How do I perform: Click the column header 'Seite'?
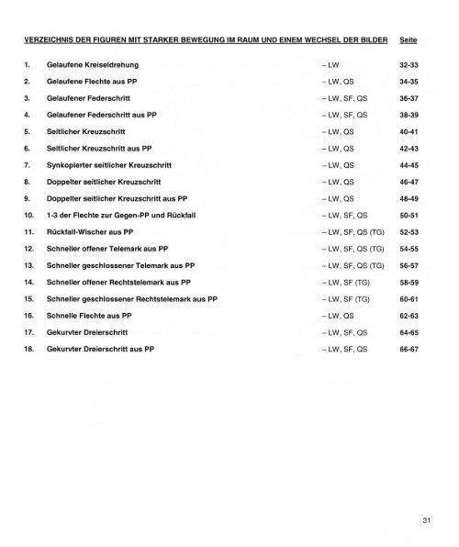tap(409, 40)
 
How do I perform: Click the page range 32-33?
tap(409, 65)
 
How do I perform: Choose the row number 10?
tap(28, 215)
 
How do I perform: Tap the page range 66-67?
tap(409, 350)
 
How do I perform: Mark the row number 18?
tap(28, 350)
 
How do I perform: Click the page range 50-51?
tap(409, 215)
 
